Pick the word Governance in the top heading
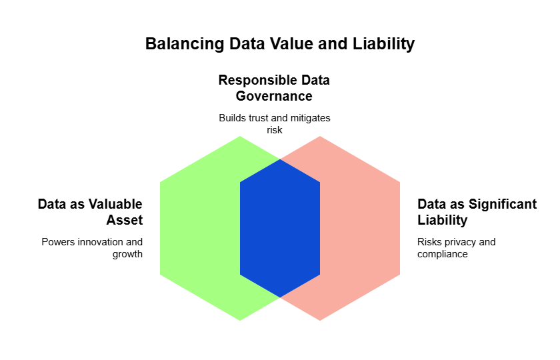pos(274,96)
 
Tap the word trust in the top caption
pos(260,118)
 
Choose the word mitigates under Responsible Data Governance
pos(309,118)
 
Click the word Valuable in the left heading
pos(115,204)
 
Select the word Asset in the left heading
pos(125,220)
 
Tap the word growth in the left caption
pos(128,254)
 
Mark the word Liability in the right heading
pos(443,220)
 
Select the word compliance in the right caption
pos(442,254)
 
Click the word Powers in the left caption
pos(56,242)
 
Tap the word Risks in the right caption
pos(429,242)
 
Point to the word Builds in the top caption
pos(232,118)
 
